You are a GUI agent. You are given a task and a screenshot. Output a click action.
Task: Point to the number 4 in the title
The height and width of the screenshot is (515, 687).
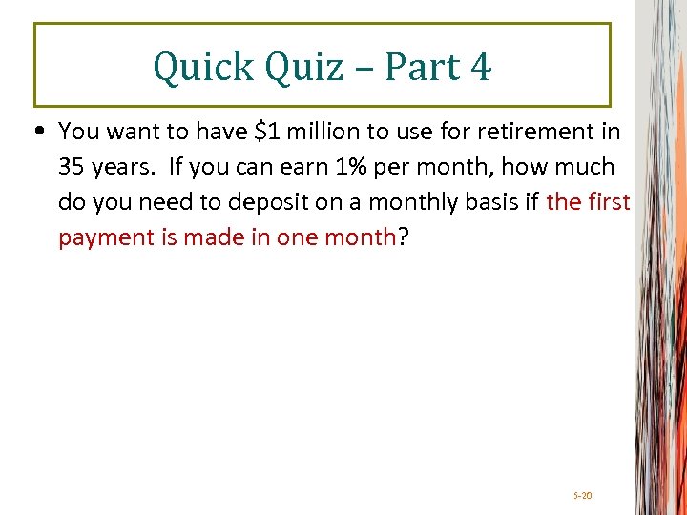(x=480, y=67)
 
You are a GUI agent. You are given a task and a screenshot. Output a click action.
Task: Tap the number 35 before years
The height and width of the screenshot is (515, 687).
(x=72, y=167)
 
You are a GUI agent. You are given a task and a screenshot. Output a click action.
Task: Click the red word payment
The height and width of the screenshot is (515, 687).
(x=103, y=237)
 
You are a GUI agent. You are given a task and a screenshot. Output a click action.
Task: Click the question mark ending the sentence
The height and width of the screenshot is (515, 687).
(x=403, y=237)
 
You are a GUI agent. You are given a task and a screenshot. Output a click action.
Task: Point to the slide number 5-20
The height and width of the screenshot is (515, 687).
(x=582, y=496)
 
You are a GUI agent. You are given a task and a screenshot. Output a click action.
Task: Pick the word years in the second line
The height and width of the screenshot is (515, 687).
(x=124, y=167)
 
